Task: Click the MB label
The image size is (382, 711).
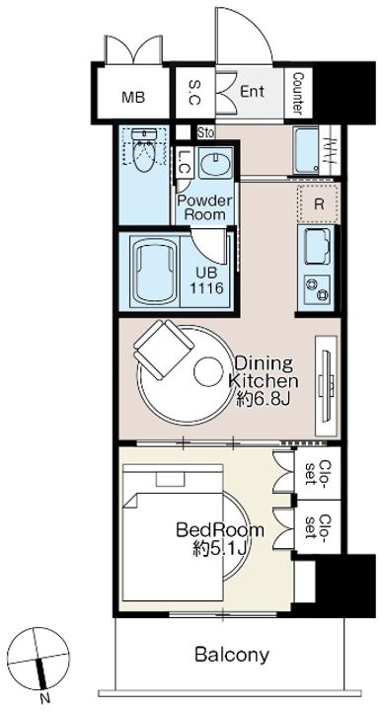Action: point(133,97)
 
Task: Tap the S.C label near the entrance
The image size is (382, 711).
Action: point(194,93)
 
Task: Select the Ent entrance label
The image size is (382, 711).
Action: point(252,92)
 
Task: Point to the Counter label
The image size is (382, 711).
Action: point(298,93)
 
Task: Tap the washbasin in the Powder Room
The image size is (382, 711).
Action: point(216,162)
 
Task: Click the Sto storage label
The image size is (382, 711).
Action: point(205,133)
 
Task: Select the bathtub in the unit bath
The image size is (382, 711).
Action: point(155,274)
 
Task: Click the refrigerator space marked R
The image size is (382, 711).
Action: point(319,203)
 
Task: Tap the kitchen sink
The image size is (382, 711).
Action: point(317,247)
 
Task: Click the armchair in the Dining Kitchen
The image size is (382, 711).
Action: point(164,350)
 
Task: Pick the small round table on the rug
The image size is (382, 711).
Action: point(208,371)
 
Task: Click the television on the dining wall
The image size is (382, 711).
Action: point(327,385)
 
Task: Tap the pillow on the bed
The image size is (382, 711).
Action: point(170,479)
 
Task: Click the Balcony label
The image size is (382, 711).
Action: point(232,655)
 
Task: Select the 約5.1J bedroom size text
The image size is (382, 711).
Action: point(219,549)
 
